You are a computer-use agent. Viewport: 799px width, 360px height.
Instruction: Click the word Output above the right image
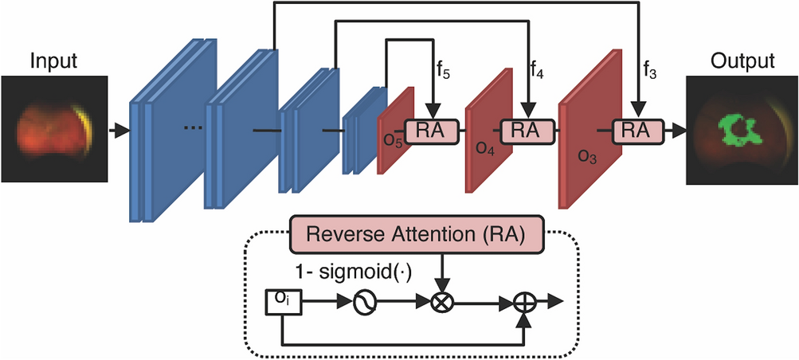742,61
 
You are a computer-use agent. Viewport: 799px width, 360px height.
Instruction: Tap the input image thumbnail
53,127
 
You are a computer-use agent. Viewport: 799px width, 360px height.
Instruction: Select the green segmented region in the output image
740,129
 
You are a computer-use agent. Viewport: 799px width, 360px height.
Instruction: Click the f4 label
538,72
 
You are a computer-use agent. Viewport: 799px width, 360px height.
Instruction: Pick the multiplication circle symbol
443,303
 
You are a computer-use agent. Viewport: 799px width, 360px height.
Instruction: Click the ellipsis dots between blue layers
194,127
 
